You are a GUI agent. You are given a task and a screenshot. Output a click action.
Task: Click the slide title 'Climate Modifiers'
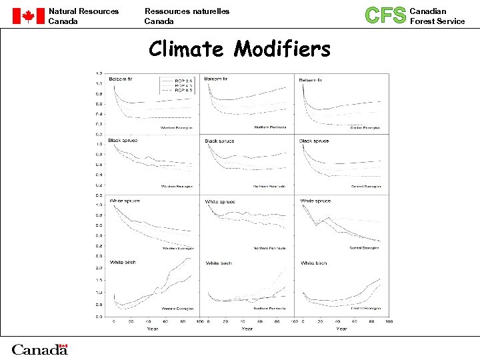(x=239, y=49)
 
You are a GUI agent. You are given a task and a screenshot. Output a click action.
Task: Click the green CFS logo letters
(x=386, y=15)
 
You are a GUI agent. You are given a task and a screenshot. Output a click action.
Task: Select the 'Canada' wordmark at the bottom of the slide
(x=39, y=349)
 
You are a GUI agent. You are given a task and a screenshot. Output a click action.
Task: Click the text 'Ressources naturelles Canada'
(x=187, y=16)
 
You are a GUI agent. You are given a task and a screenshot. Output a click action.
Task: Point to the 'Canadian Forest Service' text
(x=437, y=16)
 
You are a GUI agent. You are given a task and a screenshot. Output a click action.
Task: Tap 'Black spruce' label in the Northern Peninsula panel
(x=220, y=141)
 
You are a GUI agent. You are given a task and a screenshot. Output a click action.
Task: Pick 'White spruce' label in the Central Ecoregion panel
(x=315, y=201)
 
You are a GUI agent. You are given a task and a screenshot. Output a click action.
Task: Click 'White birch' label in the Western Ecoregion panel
(x=123, y=263)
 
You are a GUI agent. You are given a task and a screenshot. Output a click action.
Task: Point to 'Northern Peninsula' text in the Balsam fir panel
(x=270, y=127)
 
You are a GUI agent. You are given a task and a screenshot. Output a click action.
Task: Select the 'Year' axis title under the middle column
(x=247, y=328)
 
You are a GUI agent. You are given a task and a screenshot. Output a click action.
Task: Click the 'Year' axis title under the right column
(x=342, y=328)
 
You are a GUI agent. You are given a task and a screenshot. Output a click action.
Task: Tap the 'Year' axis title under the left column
(x=153, y=328)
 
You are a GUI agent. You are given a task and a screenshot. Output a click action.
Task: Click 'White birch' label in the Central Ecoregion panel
(x=314, y=263)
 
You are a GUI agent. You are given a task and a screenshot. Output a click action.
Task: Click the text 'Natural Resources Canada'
(x=83, y=16)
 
